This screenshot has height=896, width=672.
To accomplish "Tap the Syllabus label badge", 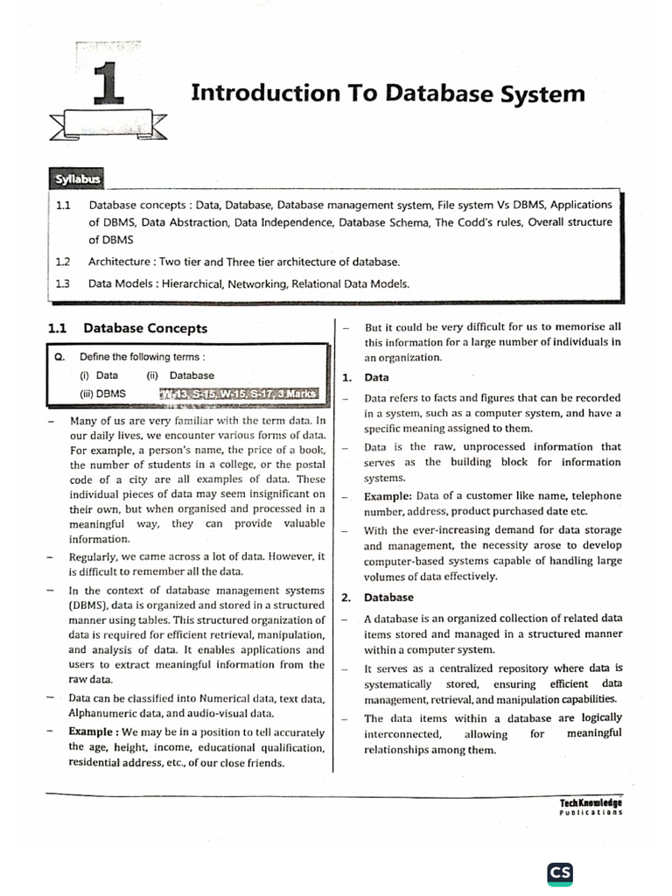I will pyautogui.click(x=77, y=180).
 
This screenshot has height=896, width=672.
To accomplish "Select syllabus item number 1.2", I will pyautogui.click(x=61, y=262).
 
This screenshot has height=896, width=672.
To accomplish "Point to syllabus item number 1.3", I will pyautogui.click(x=61, y=283).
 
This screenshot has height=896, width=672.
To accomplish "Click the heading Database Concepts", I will pyautogui.click(x=145, y=328).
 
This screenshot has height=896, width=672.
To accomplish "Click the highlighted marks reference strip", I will pyautogui.click(x=242, y=394).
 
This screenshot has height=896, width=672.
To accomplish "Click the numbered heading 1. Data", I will pyautogui.click(x=366, y=377).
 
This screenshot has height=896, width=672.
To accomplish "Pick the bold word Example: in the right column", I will pyautogui.click(x=388, y=495).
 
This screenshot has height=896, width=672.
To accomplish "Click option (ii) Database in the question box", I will pyautogui.click(x=180, y=375).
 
